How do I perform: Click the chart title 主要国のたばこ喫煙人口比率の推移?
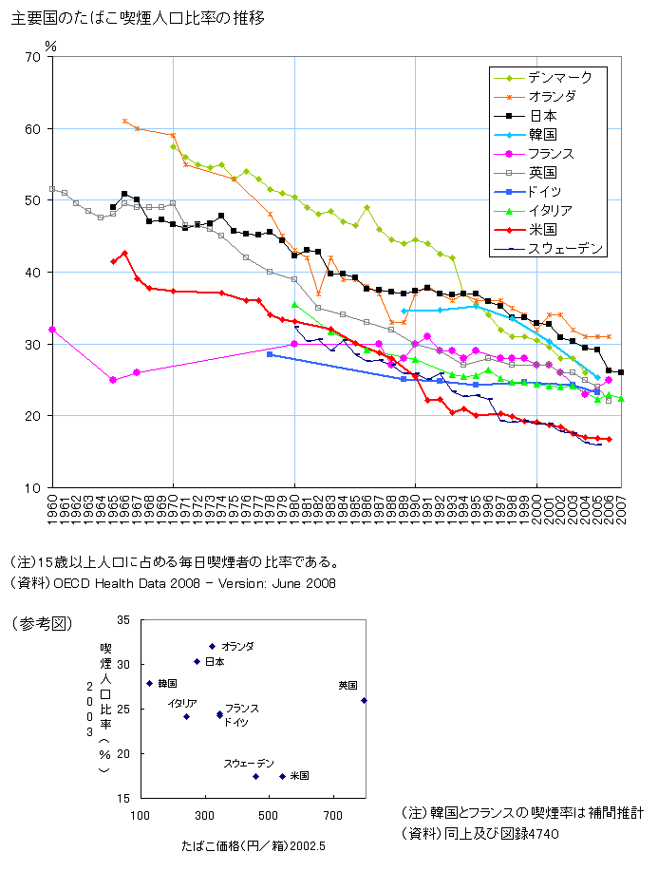tap(138, 18)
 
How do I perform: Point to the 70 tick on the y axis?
tap(32, 57)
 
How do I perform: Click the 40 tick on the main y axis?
tap(32, 273)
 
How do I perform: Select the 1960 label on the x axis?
tap(52, 506)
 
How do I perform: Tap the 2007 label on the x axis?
tap(621, 506)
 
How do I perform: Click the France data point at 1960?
tap(52, 330)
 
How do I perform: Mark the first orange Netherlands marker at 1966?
tap(125, 122)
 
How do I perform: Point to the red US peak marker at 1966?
tap(124, 254)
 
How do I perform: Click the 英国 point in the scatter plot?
tap(364, 701)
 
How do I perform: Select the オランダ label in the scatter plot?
tap(237, 646)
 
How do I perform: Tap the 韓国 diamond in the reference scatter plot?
tap(149, 683)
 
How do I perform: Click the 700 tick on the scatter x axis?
tap(333, 816)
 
